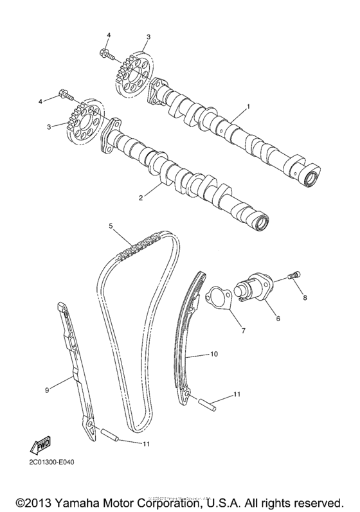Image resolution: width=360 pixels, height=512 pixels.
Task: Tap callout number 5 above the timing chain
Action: coord(111,226)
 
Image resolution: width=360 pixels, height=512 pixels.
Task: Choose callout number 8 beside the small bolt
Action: coord(305,297)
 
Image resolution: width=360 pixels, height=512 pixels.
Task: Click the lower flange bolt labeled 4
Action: coord(66,96)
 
